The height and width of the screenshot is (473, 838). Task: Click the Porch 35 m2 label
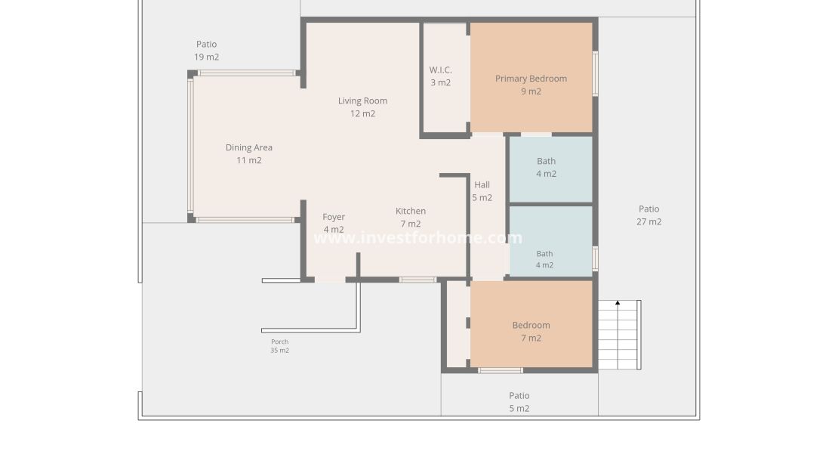(x=279, y=345)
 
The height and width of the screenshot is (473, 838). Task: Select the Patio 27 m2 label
(x=649, y=215)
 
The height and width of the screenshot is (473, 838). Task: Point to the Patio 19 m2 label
(x=206, y=51)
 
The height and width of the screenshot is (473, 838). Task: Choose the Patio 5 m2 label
(x=519, y=402)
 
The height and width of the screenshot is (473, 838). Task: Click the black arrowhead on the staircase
(x=618, y=303)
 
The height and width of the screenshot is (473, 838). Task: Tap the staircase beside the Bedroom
(x=619, y=335)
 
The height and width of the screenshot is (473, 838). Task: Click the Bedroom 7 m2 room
(x=531, y=324)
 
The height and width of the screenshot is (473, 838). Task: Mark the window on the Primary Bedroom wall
(x=596, y=74)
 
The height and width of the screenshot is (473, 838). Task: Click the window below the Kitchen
(x=418, y=280)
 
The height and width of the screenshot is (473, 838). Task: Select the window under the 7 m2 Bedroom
(x=501, y=370)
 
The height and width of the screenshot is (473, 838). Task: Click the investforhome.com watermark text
(x=417, y=237)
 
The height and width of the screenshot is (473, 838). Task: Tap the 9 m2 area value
(x=531, y=91)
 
